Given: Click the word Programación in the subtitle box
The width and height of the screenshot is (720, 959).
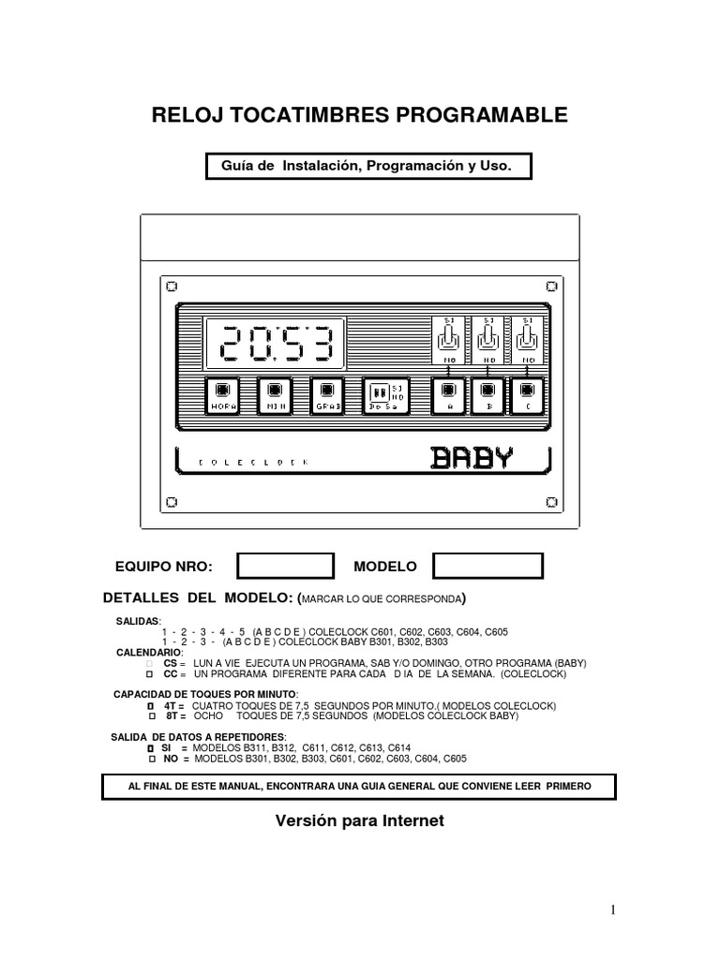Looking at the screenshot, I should [412, 165].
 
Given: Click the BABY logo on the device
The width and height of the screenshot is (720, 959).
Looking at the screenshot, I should [472, 457].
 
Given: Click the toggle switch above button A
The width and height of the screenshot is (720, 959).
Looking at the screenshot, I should [448, 338].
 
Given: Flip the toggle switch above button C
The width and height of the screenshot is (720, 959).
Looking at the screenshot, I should [528, 338].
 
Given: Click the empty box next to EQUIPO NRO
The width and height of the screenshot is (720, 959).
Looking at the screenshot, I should [285, 567].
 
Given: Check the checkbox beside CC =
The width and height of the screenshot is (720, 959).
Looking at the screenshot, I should [150, 673].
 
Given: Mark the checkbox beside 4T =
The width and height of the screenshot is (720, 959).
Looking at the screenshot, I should [150, 705].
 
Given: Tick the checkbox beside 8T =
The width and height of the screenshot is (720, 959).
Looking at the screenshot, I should [150, 716].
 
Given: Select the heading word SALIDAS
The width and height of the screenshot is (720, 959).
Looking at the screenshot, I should [138, 621].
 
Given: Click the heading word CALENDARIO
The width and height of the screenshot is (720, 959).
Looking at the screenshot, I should [148, 651].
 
